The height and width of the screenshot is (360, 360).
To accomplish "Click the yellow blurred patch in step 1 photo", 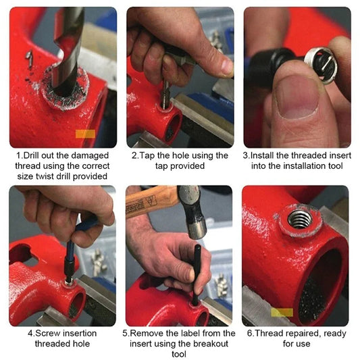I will click(x=86, y=133).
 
